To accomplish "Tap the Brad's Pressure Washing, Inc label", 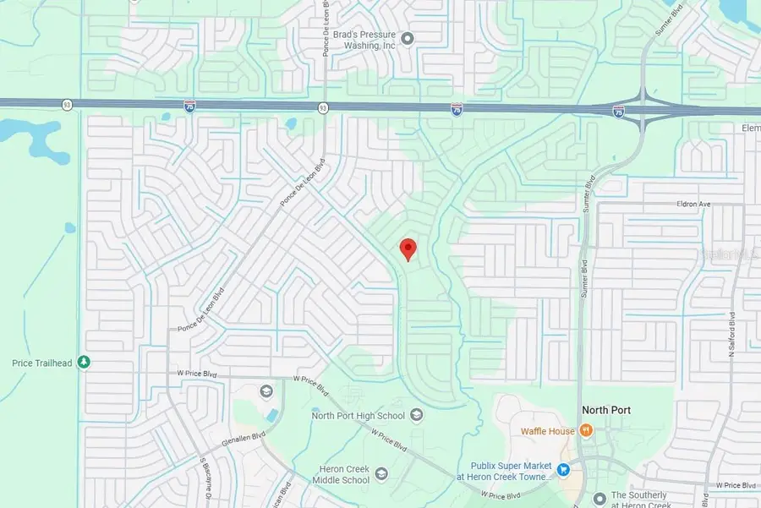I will [x=364, y=41].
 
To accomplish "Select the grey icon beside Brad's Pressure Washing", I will [x=407, y=37].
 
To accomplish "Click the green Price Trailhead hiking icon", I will [x=83, y=363].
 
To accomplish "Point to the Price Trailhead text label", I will [x=42, y=363].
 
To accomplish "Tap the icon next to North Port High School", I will [x=416, y=414].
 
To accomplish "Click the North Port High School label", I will [x=359, y=415].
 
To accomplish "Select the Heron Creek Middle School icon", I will [x=380, y=472].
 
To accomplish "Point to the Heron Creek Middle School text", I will [x=333, y=474].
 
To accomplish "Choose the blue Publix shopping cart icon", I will [x=562, y=467].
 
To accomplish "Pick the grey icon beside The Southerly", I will [x=599, y=497].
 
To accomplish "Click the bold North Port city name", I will [x=606, y=410].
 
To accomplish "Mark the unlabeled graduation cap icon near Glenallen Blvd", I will [x=266, y=391].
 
